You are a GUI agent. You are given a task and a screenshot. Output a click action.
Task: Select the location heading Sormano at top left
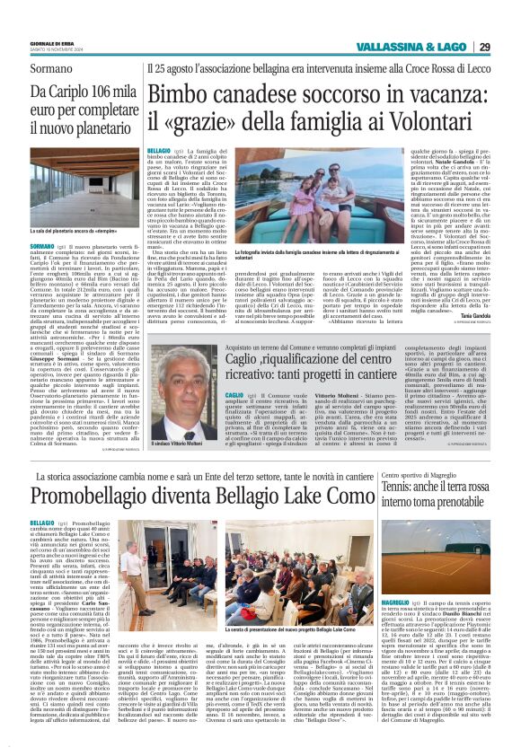[x=37, y=66]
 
